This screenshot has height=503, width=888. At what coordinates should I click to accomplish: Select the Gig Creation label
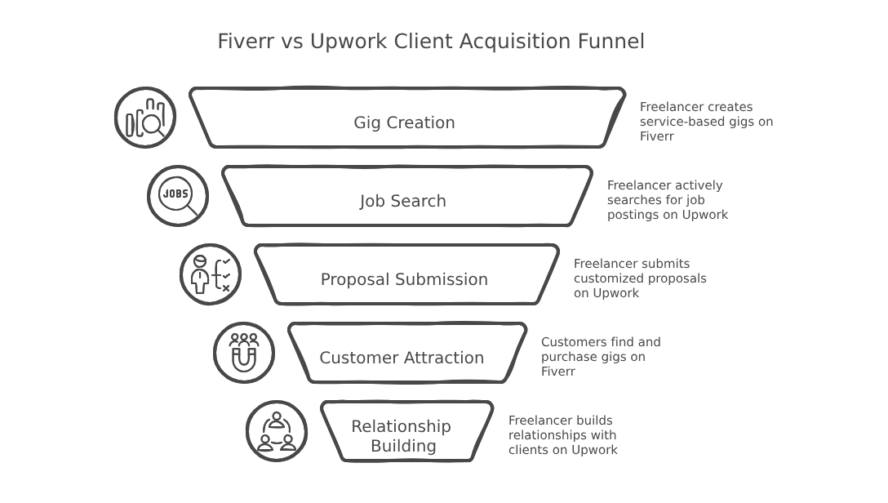tap(404, 122)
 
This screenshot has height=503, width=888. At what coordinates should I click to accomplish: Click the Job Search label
tap(403, 201)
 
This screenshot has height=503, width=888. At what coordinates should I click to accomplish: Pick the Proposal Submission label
tap(404, 279)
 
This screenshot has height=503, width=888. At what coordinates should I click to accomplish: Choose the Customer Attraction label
tap(402, 358)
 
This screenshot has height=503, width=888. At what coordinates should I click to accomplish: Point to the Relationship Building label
tap(402, 436)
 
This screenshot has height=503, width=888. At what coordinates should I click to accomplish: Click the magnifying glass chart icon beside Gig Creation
tap(145, 118)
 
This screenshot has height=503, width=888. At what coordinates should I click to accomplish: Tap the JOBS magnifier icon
tap(178, 196)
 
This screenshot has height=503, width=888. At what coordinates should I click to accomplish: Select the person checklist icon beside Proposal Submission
tap(211, 274)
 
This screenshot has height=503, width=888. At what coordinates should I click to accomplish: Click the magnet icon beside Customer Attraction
tap(244, 353)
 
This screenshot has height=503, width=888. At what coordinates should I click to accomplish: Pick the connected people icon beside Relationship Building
tap(277, 431)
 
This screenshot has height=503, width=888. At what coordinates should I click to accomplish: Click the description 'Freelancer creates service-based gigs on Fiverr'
tap(705, 122)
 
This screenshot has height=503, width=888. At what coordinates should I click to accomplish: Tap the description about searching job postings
tap(667, 200)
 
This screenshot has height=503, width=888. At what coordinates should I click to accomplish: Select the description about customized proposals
tap(639, 278)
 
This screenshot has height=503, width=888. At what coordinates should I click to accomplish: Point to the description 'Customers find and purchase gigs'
tap(600, 357)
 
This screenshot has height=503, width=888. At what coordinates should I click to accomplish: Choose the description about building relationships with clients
tap(562, 435)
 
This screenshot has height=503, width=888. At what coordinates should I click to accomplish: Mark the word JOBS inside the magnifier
tap(175, 194)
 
